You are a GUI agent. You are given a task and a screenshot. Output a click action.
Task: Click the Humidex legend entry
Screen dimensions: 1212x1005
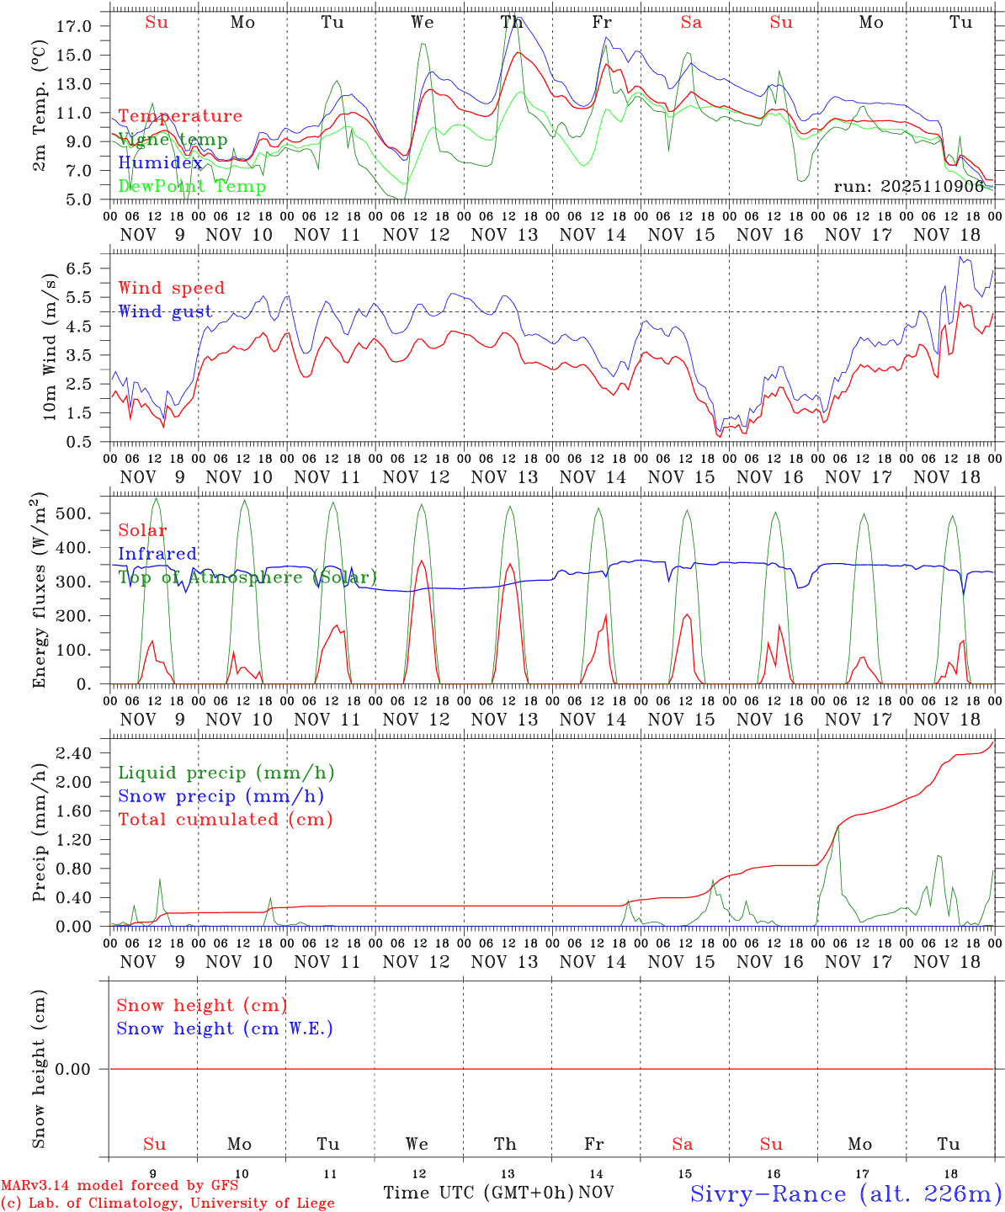coord(160,163)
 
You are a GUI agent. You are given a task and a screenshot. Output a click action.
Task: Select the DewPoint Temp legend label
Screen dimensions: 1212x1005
coord(192,187)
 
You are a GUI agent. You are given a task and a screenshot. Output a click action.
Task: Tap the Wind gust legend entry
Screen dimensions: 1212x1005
coord(165,311)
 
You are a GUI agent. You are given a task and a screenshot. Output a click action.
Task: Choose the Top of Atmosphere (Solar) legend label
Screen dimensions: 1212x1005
coord(247,577)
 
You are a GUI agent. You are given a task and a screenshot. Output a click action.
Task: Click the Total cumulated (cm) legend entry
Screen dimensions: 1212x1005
coord(225,819)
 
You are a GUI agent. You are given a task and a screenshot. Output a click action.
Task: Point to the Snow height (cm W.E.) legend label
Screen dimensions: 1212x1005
coord(224,1029)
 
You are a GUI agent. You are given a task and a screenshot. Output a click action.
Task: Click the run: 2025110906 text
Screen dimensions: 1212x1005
coord(908,187)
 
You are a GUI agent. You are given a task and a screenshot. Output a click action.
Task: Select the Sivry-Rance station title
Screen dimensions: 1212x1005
coord(845,1193)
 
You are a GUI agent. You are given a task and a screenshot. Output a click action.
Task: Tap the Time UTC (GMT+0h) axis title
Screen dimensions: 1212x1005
coord(478,1193)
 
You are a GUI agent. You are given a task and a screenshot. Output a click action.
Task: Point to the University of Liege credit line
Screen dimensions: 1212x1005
coord(167,1203)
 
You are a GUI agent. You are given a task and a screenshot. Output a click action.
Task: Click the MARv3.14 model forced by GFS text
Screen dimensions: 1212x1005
coord(120,1185)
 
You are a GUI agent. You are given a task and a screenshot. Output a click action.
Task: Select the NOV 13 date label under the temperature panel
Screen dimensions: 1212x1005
coord(504,235)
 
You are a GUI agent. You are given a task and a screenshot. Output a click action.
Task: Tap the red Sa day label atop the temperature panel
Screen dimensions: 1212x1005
coord(691,23)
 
